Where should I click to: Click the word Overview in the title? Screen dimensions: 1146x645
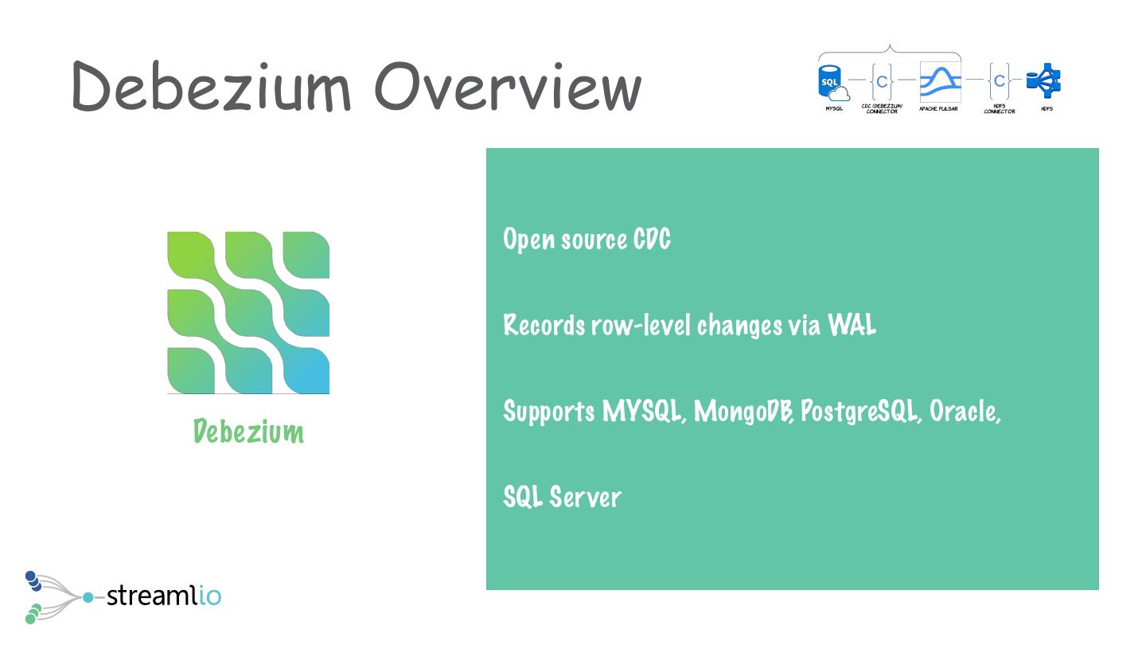click(508, 86)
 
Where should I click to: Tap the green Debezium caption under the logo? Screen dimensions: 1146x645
click(248, 432)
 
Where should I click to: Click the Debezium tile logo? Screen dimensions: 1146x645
click(248, 313)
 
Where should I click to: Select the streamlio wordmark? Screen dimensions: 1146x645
click(163, 595)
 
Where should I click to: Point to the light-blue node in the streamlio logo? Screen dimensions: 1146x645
click(88, 596)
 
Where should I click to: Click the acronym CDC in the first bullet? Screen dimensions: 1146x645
click(652, 239)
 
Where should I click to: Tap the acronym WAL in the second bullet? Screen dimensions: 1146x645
click(852, 325)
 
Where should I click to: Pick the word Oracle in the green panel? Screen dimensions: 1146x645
click(964, 411)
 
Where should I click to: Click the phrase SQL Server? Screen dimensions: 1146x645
click(562, 497)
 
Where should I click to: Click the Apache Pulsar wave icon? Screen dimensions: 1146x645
click(940, 80)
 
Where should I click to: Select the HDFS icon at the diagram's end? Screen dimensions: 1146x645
click(1044, 80)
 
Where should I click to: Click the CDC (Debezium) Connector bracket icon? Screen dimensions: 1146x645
click(882, 80)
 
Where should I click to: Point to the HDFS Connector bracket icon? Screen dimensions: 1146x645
click(999, 80)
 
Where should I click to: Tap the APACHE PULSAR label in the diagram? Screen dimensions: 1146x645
click(938, 108)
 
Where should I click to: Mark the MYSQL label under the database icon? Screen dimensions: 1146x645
click(833, 108)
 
